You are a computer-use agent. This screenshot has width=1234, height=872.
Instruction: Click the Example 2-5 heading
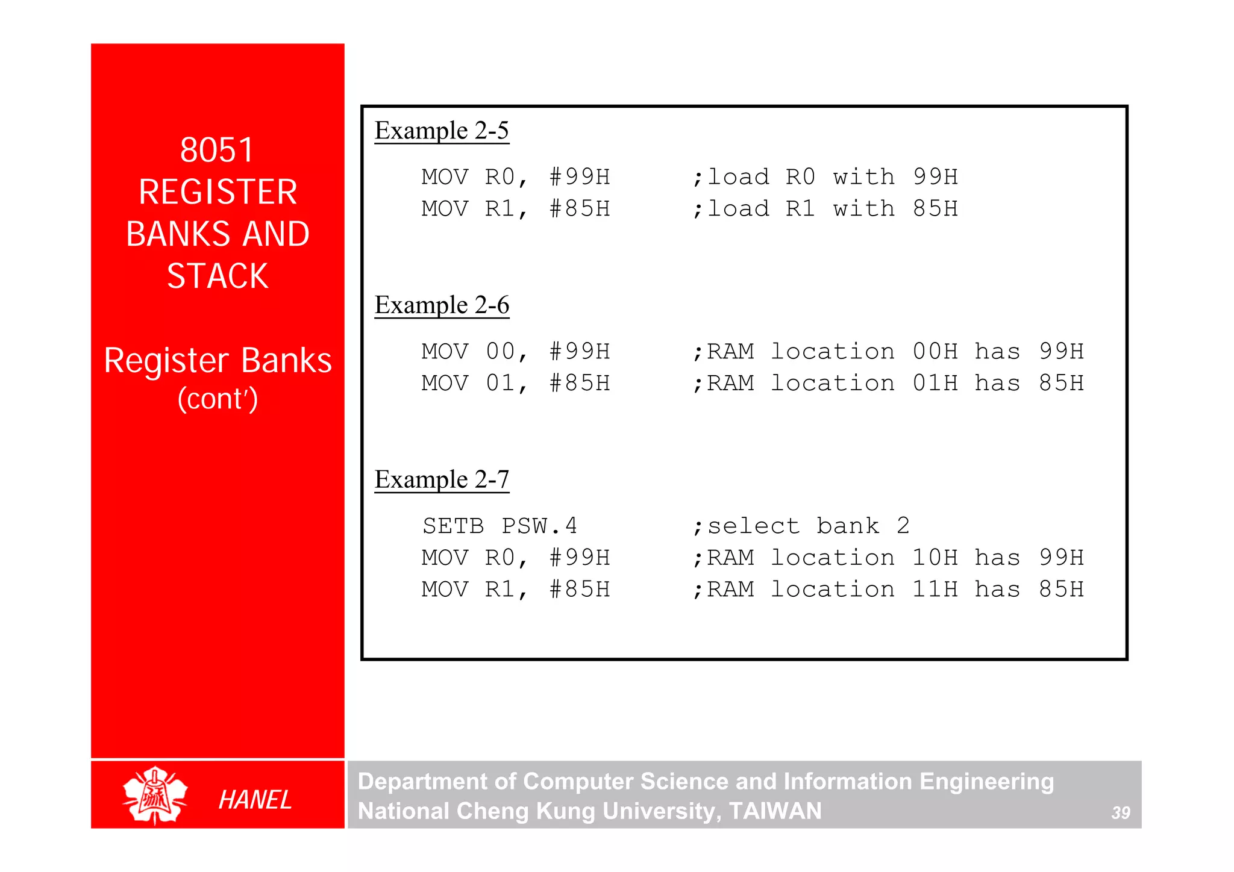(442, 131)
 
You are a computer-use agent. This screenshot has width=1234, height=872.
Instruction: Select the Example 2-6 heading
(442, 305)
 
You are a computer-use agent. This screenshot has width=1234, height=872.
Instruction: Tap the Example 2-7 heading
(442, 480)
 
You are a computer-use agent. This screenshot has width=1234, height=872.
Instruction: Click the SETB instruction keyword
(453, 526)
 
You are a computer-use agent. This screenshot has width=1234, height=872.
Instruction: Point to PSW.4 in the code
(539, 526)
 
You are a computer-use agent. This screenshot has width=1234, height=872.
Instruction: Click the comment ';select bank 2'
(801, 526)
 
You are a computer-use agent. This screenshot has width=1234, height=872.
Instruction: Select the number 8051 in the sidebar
(217, 150)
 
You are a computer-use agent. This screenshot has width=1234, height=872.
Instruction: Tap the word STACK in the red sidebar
(218, 276)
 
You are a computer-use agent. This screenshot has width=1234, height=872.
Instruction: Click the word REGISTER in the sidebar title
(218, 192)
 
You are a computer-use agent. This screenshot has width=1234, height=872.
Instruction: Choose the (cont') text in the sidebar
(218, 399)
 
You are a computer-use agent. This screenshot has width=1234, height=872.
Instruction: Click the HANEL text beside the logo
(255, 800)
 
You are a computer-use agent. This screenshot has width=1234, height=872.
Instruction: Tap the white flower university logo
(155, 795)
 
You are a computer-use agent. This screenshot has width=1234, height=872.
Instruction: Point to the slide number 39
(1120, 813)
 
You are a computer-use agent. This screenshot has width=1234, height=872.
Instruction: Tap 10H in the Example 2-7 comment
(935, 558)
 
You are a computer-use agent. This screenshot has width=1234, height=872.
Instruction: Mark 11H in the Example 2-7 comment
(935, 590)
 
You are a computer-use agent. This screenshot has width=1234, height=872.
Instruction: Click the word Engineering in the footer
(986, 782)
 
